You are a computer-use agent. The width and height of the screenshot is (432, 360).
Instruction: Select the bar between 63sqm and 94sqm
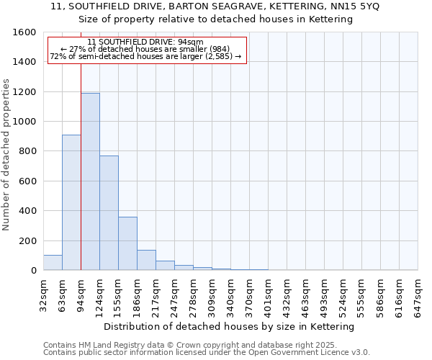(71, 202)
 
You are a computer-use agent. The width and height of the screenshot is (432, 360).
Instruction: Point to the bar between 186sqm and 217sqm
(146, 260)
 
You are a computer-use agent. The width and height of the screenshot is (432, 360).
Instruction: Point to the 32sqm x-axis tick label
(43, 294)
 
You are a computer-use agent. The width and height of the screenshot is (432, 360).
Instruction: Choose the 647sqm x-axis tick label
(418, 294)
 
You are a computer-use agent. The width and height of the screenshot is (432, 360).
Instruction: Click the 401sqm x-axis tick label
(268, 294)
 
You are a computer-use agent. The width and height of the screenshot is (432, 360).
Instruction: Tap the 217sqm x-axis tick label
(156, 294)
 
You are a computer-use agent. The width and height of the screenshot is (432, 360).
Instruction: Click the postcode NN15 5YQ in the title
(354, 6)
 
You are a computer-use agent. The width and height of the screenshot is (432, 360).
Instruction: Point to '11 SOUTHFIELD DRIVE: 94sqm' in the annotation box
(145, 42)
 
